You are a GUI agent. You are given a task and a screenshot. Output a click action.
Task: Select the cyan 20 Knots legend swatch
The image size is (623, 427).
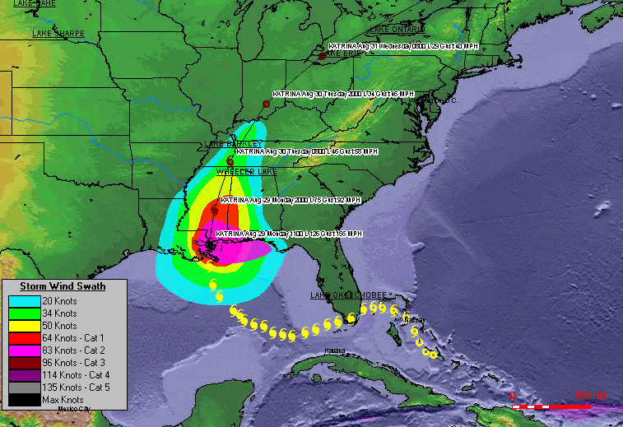click(24, 300)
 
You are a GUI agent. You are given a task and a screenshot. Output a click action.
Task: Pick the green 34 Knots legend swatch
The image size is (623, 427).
click(24, 313)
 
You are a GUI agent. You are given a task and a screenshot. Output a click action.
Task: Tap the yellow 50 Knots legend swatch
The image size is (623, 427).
click(24, 326)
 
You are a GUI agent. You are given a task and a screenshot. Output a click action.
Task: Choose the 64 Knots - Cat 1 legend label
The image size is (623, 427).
click(72, 338)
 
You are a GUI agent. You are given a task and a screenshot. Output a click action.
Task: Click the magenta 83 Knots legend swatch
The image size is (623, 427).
click(24, 350)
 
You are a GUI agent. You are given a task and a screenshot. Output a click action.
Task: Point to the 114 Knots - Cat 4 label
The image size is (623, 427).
click(72, 375)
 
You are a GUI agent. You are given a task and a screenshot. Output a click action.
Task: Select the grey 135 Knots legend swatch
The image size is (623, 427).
click(24, 388)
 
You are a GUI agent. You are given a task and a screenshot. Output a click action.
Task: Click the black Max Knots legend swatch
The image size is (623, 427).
click(24, 400)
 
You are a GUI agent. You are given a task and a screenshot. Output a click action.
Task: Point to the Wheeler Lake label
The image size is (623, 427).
click(247, 172)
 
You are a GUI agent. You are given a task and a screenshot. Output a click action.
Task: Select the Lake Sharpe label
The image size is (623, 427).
click(58, 33)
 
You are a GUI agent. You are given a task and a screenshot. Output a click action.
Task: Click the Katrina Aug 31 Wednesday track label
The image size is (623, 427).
click(403, 46)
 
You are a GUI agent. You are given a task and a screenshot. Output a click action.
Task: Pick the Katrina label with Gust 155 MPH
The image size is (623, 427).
click(289, 234)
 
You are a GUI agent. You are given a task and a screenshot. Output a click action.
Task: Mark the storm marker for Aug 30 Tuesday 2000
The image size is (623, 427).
click(266, 104)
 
